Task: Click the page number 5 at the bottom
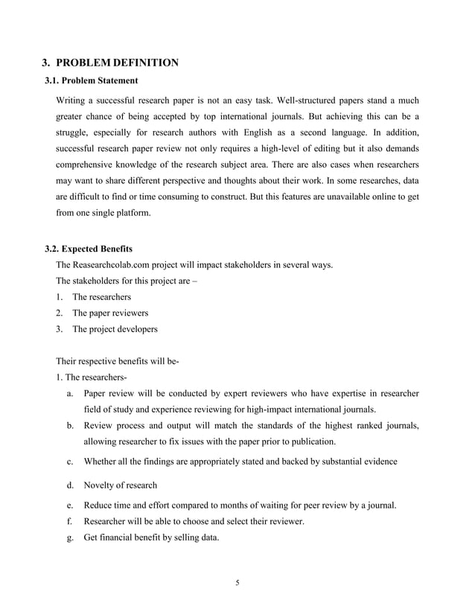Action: tap(237, 582)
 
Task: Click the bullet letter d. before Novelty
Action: tap(69, 485)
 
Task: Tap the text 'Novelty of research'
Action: tap(121, 485)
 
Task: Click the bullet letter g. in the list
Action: tap(69, 538)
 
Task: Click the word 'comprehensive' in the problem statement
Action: tap(89, 163)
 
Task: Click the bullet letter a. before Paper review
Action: tap(69, 393)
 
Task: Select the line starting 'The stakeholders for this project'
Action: tap(130, 281)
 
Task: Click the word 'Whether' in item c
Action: tap(101, 462)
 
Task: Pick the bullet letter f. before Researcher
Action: tap(69, 522)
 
